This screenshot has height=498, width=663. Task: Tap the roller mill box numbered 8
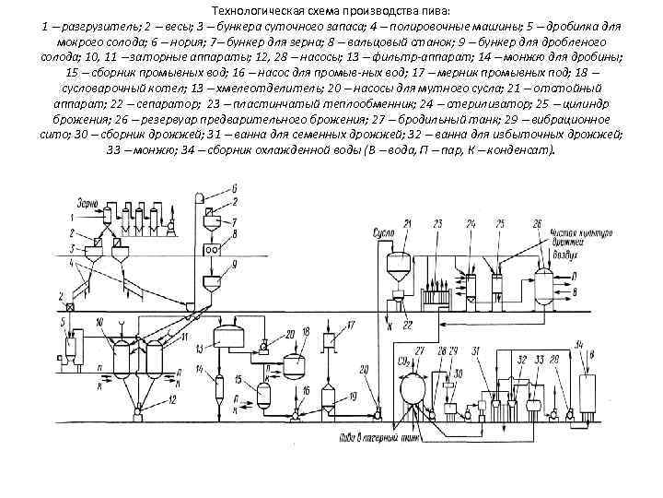tap(211, 248)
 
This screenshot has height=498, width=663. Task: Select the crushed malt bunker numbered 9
tap(211, 279)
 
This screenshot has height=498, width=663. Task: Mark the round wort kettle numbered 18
tap(294, 367)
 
